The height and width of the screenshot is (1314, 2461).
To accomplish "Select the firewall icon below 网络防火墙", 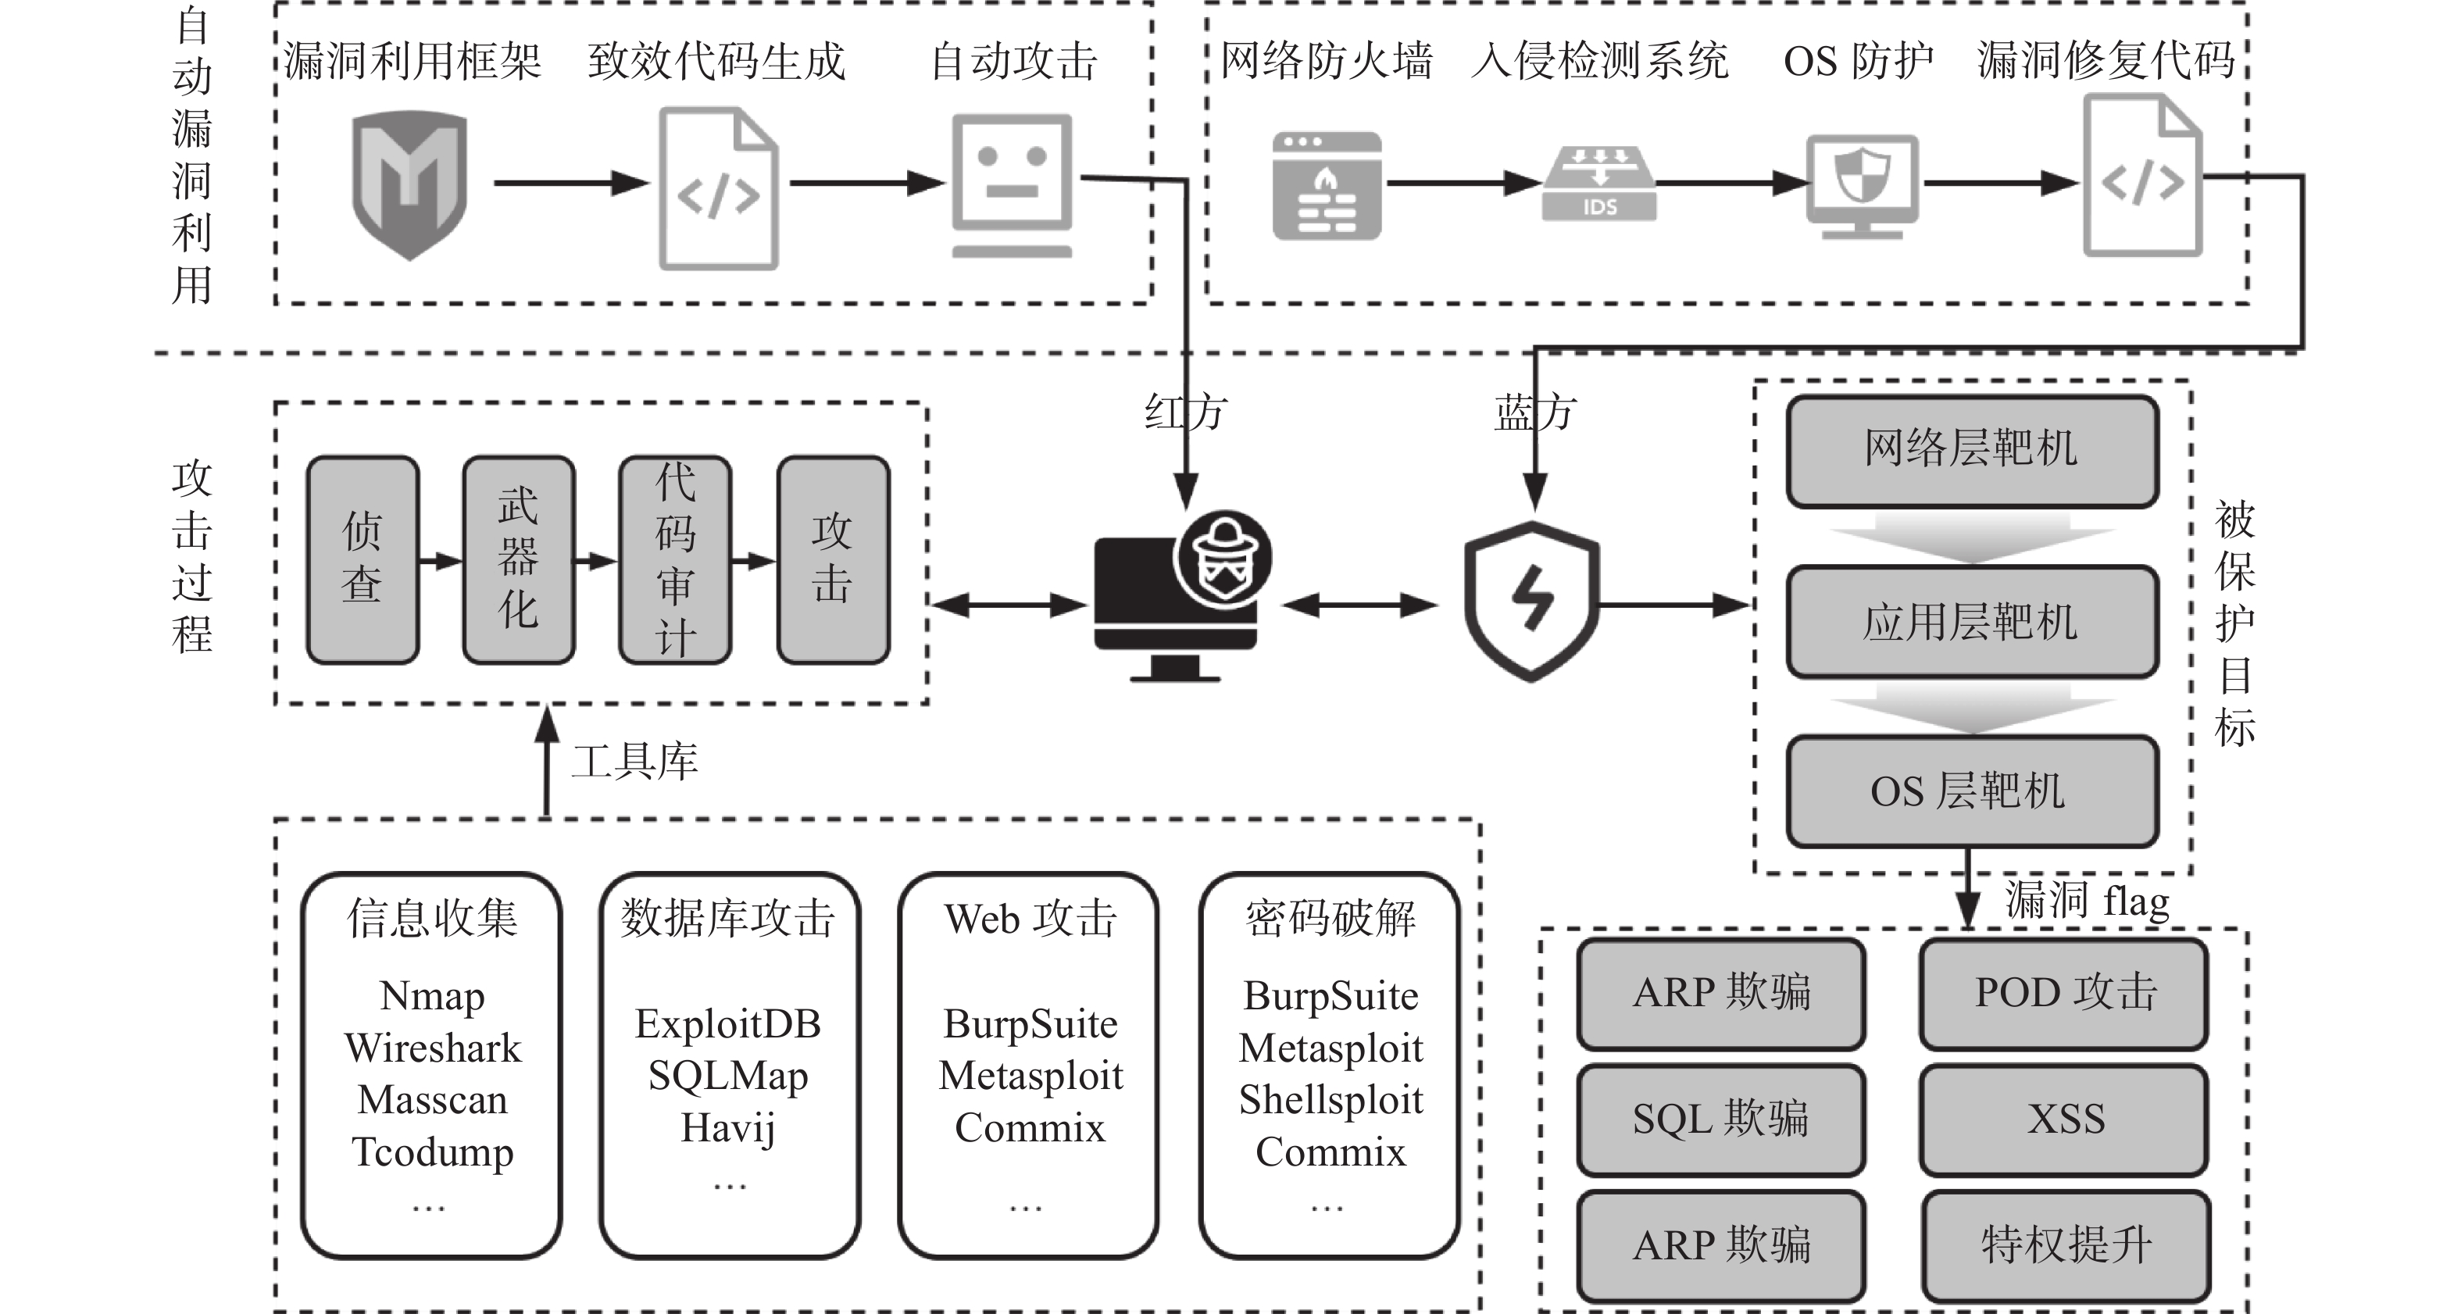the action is click(1327, 185).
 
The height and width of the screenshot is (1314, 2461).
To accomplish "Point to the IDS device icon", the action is click(1599, 184).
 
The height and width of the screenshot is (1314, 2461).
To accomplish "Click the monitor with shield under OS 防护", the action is click(1862, 186).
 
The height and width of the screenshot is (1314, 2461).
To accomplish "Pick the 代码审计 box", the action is click(676, 559).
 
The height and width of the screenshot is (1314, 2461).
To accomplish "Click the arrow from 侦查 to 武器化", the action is click(441, 561).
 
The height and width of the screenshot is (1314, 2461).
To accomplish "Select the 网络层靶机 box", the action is click(1973, 451).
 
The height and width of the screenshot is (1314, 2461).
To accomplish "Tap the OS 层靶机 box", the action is click(1973, 791).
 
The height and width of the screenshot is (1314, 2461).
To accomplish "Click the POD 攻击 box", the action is click(2065, 993).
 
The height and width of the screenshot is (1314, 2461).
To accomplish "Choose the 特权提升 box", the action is click(2066, 1245).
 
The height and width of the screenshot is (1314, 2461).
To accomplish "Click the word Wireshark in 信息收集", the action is click(433, 1048).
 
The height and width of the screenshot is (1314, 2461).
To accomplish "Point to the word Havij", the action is click(728, 1129).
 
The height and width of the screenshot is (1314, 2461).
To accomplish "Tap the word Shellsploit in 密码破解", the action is click(1331, 1100).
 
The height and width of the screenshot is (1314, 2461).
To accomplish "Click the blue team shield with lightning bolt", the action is click(1531, 602).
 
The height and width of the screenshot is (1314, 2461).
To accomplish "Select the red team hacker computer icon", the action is click(1183, 596).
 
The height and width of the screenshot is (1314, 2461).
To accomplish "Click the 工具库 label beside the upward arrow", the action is click(635, 762).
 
